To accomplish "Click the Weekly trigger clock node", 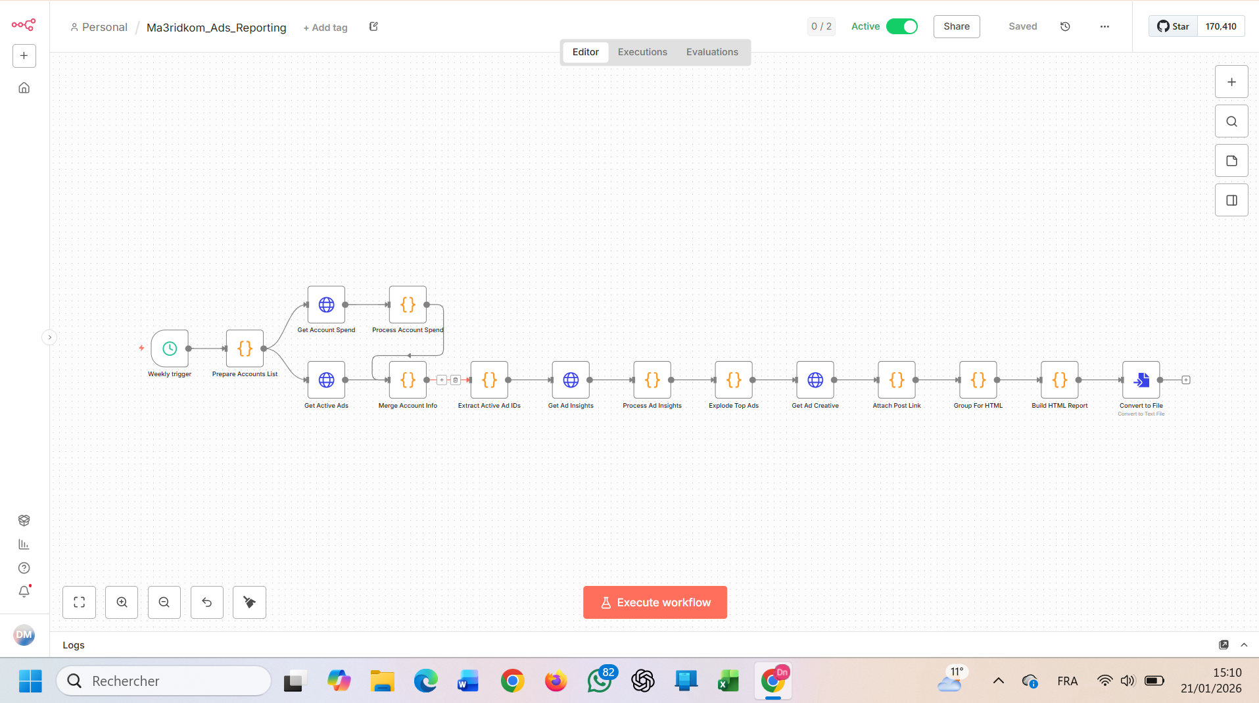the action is click(x=170, y=349).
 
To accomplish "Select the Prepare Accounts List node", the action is click(x=245, y=349).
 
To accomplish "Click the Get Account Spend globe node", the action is click(x=326, y=304).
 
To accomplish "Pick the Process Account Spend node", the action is click(x=408, y=304).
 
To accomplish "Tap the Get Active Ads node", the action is click(x=326, y=380).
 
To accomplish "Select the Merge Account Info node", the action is click(x=408, y=380).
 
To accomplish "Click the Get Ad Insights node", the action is click(x=571, y=380).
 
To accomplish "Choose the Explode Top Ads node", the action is click(x=734, y=380).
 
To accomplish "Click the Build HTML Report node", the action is click(x=1060, y=380).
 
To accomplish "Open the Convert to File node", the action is click(x=1141, y=380).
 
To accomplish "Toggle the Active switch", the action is click(x=901, y=26).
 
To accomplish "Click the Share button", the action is click(x=957, y=26).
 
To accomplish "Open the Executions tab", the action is click(x=642, y=52).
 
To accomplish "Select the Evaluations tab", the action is click(x=712, y=52).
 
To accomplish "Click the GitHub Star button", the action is click(x=1174, y=26).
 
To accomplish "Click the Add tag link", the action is click(x=325, y=28).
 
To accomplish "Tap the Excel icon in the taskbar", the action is click(x=728, y=681).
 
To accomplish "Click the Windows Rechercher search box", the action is click(x=164, y=681).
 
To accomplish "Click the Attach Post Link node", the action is click(x=897, y=380).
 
